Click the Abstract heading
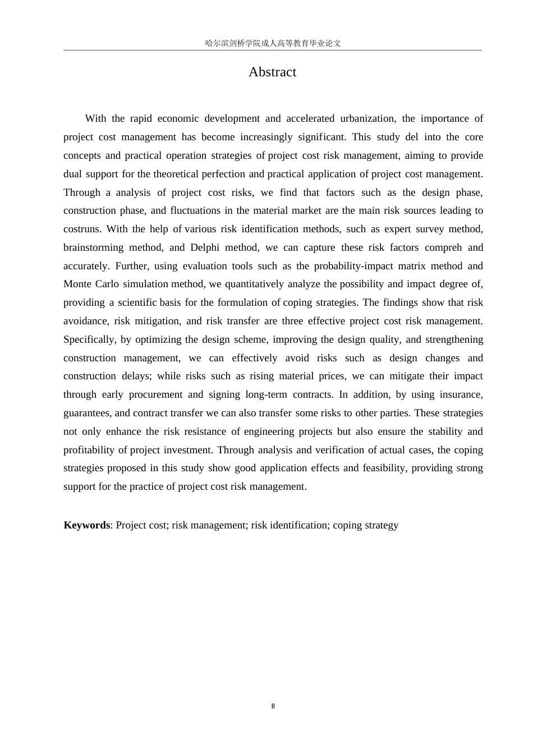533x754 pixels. click(x=272, y=72)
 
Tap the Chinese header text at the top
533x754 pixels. click(x=273, y=43)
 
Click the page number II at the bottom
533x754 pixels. click(x=273, y=706)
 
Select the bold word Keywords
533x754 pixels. click(x=86, y=525)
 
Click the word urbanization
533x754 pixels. click(x=367, y=118)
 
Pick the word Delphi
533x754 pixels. click(x=205, y=247)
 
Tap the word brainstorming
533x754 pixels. click(x=93, y=247)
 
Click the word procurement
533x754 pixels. click(x=155, y=394)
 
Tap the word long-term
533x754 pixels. click(x=266, y=394)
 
